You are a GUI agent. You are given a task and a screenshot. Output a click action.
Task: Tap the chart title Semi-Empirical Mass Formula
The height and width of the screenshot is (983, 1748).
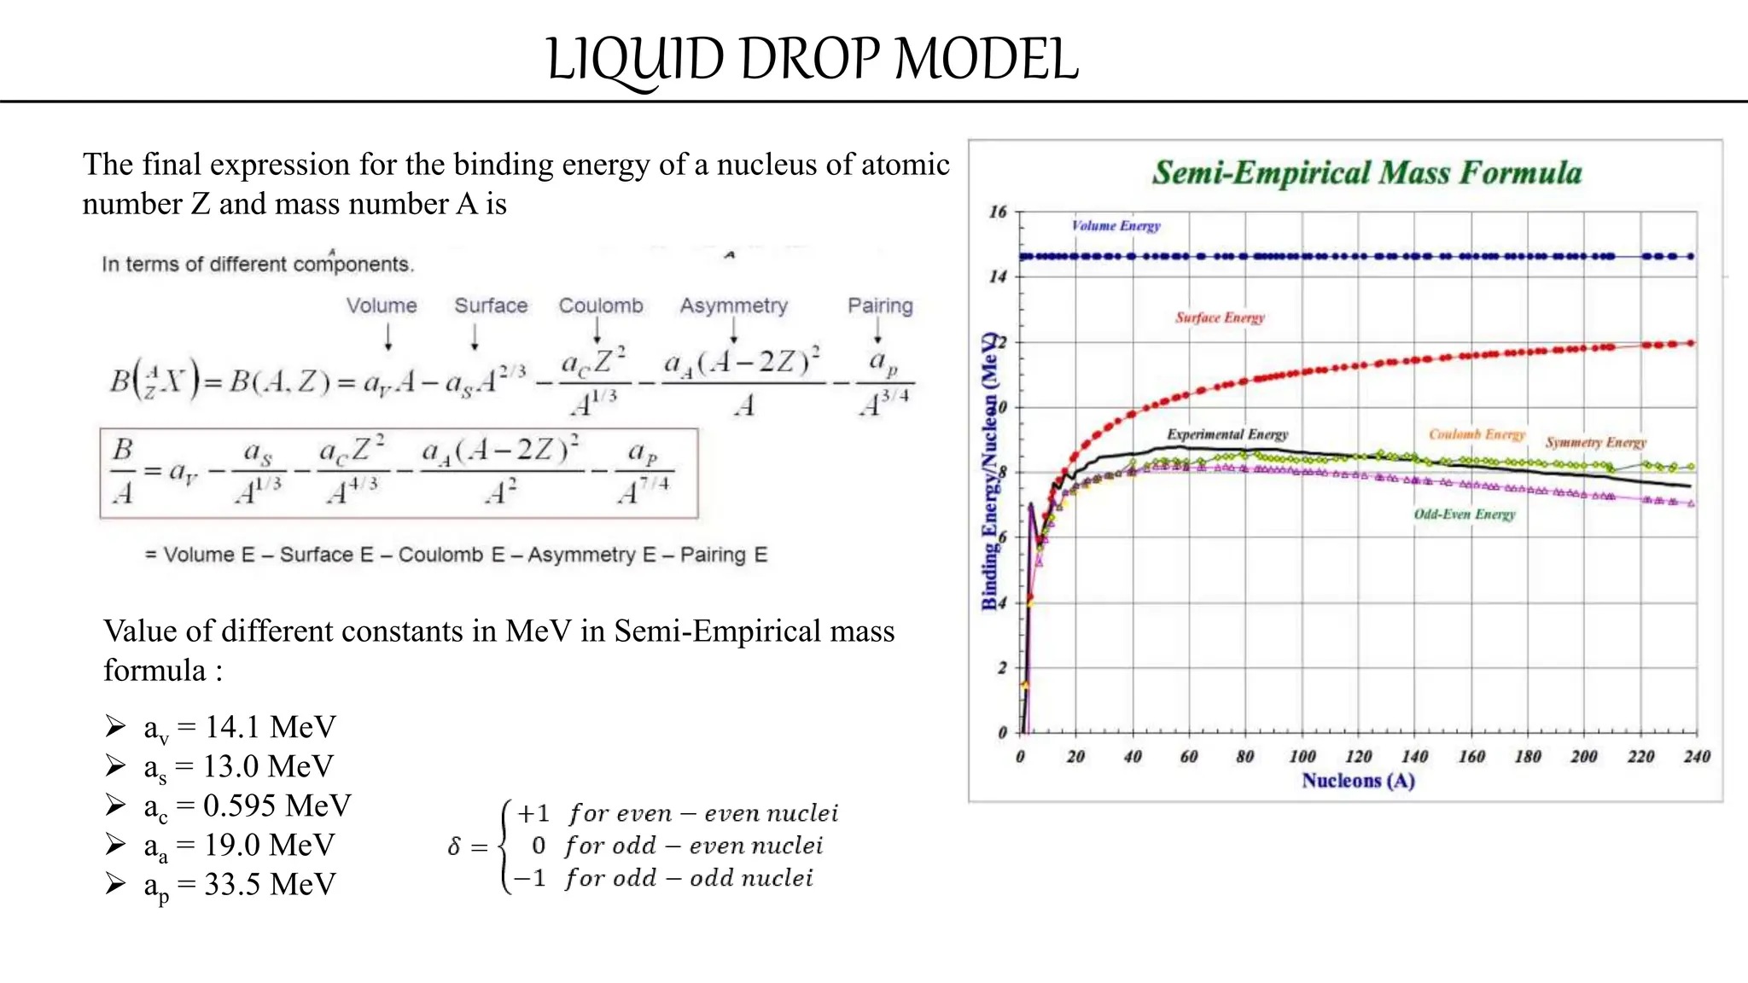coord(1366,173)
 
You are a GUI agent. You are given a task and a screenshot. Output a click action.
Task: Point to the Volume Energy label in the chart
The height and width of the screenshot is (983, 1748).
coord(1116,226)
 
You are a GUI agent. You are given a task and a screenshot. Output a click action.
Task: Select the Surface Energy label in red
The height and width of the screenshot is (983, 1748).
coord(1220,317)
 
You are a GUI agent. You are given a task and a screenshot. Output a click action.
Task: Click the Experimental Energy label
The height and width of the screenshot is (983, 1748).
coord(1227,434)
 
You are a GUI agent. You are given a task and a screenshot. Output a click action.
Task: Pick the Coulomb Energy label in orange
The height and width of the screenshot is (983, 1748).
coord(1477,434)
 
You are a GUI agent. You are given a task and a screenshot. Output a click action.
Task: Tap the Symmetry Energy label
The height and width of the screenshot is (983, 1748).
coord(1595,442)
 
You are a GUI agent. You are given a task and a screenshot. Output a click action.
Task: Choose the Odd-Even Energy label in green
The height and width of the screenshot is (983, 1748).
coord(1465,514)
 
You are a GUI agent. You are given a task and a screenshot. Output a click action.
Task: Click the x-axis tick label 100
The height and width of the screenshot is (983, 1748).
coord(1302,757)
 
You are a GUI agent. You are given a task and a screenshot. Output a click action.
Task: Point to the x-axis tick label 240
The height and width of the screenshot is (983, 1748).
coord(1696,757)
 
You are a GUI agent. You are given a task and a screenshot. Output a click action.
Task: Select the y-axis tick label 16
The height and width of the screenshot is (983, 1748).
coord(998,212)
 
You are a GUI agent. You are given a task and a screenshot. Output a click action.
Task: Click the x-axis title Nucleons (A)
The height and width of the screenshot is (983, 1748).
coord(1358,781)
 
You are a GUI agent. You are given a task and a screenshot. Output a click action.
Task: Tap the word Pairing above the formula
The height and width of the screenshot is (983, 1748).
coord(880,305)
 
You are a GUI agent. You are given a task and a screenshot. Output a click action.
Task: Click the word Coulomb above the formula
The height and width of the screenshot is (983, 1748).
coord(601,305)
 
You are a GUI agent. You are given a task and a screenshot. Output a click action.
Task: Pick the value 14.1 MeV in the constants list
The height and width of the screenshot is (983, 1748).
coord(270,727)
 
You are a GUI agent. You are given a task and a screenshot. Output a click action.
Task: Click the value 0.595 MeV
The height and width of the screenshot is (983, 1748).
coord(277,806)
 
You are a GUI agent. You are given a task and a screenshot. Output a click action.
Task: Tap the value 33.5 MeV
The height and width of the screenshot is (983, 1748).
coord(270,884)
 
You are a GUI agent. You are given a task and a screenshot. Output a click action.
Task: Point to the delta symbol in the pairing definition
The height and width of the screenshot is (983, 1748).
coord(454,846)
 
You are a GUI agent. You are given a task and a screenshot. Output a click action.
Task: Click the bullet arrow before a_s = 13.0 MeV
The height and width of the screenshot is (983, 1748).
coord(115,765)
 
